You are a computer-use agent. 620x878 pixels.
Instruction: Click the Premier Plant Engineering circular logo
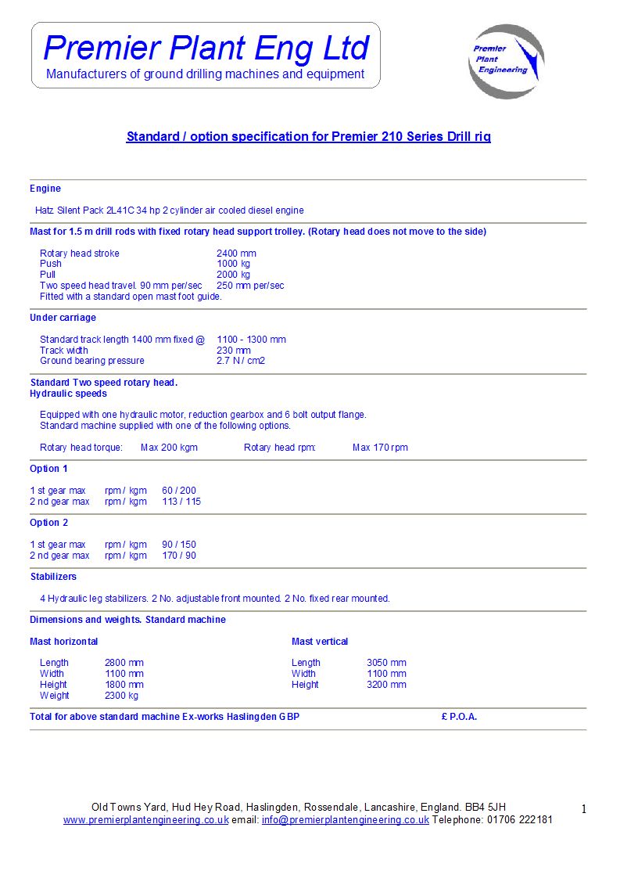(506, 61)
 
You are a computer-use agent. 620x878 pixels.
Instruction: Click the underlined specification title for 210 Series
(308, 137)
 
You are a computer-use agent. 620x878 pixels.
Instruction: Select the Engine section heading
(45, 189)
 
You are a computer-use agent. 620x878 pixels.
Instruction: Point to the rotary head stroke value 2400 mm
(236, 254)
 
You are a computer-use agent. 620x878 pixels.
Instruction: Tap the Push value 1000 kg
(233, 264)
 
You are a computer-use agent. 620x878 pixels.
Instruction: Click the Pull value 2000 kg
(233, 275)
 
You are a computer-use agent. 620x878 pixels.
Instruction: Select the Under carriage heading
(63, 318)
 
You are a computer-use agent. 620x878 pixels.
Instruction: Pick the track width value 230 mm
(233, 351)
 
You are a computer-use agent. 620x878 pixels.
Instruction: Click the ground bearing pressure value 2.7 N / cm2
(241, 361)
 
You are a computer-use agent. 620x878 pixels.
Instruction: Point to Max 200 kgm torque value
(169, 448)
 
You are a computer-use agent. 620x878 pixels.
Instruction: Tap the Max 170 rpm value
(380, 448)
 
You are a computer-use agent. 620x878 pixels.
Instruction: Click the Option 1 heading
(48, 469)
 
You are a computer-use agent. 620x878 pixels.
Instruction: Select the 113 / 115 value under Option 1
(181, 502)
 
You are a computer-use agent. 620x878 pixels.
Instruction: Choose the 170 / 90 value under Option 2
(179, 556)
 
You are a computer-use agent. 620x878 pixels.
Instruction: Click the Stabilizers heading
(53, 577)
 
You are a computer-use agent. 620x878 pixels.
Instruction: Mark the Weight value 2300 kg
(121, 696)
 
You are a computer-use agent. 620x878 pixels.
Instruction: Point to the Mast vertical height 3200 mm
(386, 685)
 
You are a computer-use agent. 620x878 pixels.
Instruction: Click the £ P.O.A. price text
(459, 717)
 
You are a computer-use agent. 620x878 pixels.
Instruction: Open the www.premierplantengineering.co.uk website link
(146, 820)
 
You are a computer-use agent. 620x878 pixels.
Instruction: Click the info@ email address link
(346, 820)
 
